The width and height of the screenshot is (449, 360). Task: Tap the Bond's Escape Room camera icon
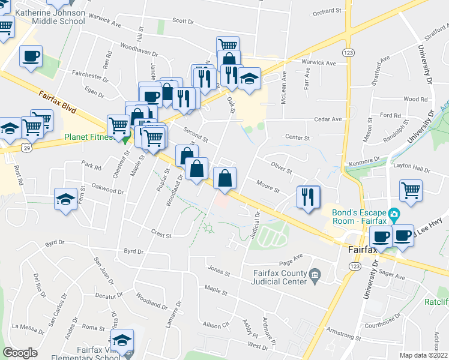click(394, 214)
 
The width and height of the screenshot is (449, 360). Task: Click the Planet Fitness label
click(89, 137)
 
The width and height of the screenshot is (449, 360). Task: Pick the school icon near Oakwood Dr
click(65, 199)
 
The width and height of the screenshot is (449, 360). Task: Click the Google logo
click(20, 353)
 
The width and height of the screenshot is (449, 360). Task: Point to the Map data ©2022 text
click(424, 355)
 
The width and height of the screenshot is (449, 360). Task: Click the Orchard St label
click(327, 11)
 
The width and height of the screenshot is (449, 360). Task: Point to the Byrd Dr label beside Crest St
click(135, 251)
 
